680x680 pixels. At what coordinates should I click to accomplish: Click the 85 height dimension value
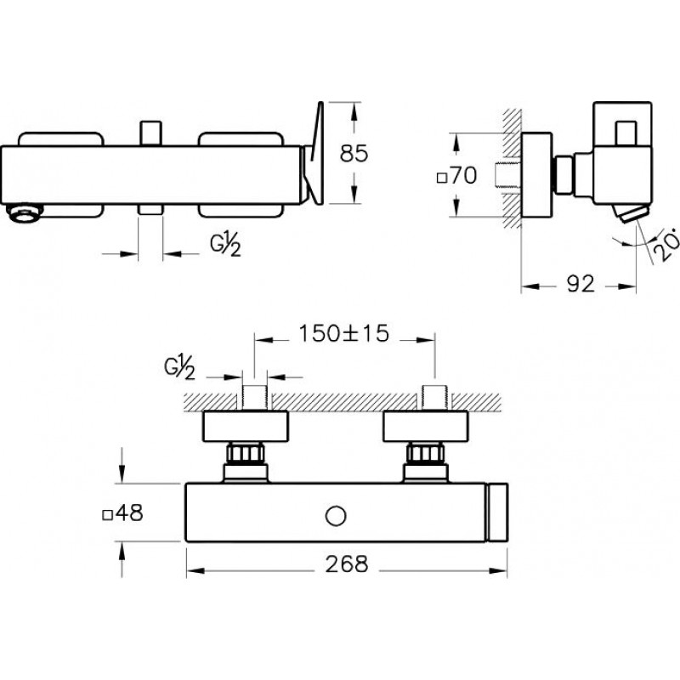tap(354, 154)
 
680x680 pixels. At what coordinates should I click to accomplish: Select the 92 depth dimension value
tap(581, 284)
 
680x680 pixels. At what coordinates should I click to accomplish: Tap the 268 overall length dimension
tap(347, 564)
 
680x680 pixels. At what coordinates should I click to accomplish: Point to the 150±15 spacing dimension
tap(344, 333)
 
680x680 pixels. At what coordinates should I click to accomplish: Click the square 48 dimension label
tap(122, 513)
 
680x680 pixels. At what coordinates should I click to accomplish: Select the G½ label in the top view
tap(225, 245)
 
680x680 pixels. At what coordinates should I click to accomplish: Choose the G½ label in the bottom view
tap(179, 368)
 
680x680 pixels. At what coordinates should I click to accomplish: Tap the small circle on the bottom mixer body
tap(336, 516)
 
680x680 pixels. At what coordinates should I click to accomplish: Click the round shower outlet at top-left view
tap(25, 213)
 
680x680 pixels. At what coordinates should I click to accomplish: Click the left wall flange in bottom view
tap(246, 427)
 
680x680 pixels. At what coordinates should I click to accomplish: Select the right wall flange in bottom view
tap(426, 427)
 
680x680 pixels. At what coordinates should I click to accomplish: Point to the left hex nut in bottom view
tap(246, 453)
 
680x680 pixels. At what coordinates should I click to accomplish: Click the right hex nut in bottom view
tap(426, 453)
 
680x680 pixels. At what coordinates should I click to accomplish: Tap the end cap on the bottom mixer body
tap(496, 513)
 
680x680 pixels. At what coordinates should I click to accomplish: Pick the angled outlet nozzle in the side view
tap(630, 214)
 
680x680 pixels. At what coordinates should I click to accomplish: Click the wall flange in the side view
tap(536, 175)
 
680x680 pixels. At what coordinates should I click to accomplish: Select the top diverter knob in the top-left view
tap(151, 133)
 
